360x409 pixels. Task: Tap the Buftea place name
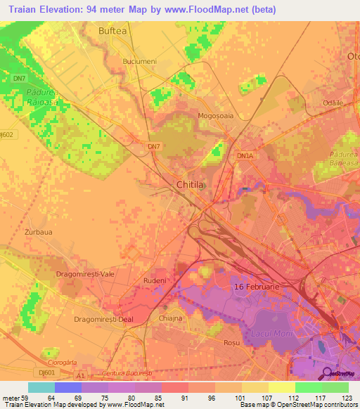112,31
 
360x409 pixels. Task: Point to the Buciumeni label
139,62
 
